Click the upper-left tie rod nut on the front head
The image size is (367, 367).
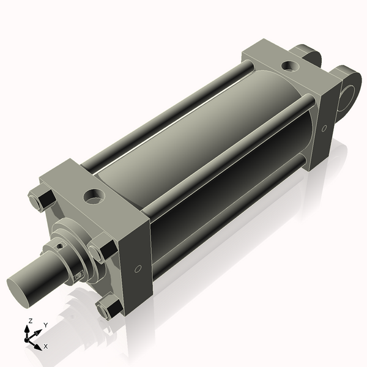tap(37, 201)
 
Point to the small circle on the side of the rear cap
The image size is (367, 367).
tap(325, 128)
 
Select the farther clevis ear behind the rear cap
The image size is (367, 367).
tap(309, 56)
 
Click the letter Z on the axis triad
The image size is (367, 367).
tap(30, 321)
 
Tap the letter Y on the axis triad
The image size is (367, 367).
tap(45, 325)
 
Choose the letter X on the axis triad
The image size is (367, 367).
tap(46, 346)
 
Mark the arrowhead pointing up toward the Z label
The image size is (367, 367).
tap(28, 328)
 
